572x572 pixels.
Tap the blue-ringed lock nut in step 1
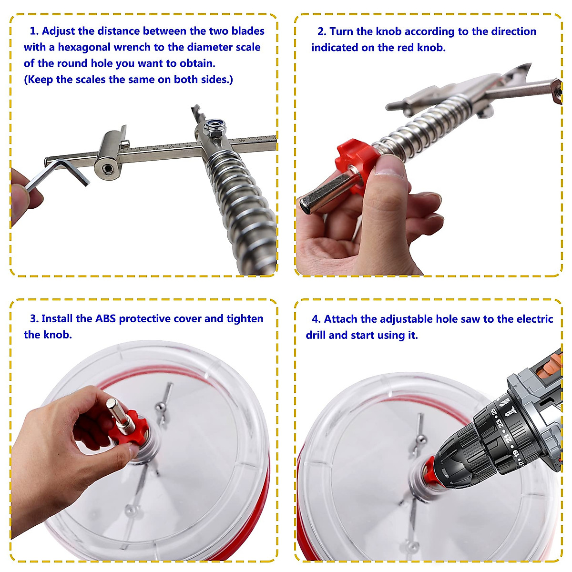pos(214,127)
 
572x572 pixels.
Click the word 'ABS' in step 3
pos(106,318)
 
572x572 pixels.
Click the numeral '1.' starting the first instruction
pos(34,31)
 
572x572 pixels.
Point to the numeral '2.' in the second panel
pos(322,31)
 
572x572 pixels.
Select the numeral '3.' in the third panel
pos(34,318)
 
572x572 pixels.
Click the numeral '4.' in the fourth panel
pos(316,319)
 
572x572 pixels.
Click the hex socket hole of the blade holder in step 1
pos(107,169)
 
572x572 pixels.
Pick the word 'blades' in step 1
pos(248,31)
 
